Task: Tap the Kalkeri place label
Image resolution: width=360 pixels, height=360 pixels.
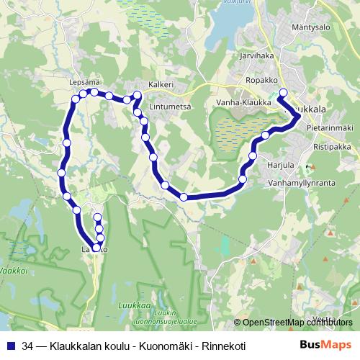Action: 161,84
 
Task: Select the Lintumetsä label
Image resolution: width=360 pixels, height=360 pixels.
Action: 170,107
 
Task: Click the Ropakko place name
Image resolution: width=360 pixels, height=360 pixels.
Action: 261,81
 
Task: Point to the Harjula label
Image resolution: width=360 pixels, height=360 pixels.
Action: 281,165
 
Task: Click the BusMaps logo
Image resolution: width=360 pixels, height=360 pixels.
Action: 326,345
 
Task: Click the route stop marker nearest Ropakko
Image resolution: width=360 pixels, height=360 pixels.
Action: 283,92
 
